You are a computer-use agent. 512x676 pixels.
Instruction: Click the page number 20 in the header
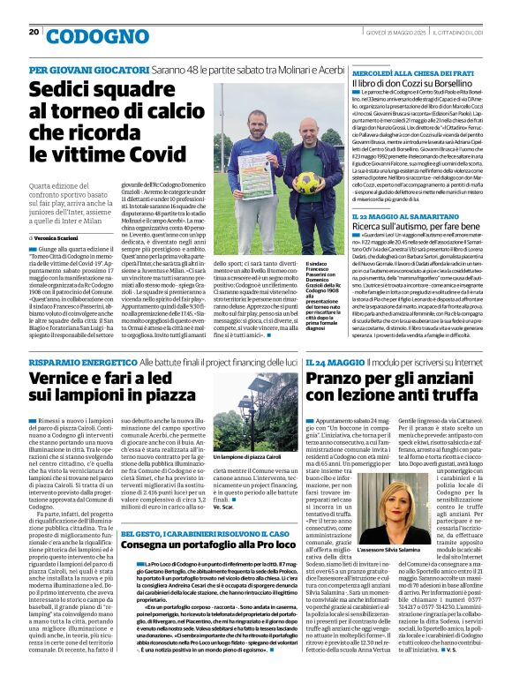34,33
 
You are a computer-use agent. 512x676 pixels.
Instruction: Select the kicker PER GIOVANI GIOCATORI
75,70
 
